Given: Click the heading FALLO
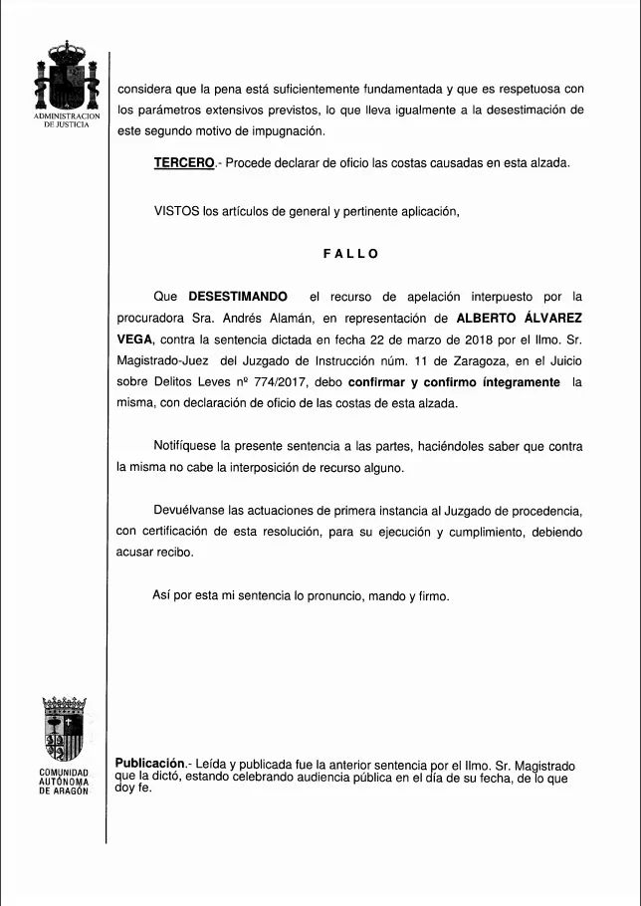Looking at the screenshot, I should pos(350,254).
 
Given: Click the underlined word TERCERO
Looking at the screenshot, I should pos(184,163).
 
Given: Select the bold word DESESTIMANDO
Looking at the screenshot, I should pos(238,297).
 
